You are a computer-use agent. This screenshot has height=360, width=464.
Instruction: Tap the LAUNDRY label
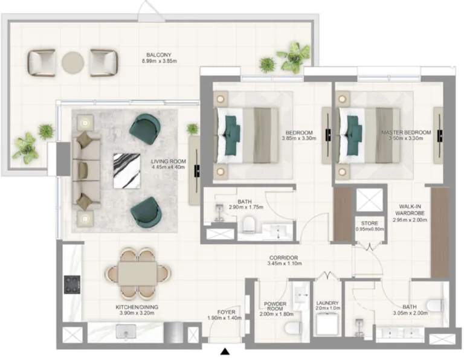[x=327, y=303]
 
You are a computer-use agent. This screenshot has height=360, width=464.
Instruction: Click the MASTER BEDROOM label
[x=406, y=132]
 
